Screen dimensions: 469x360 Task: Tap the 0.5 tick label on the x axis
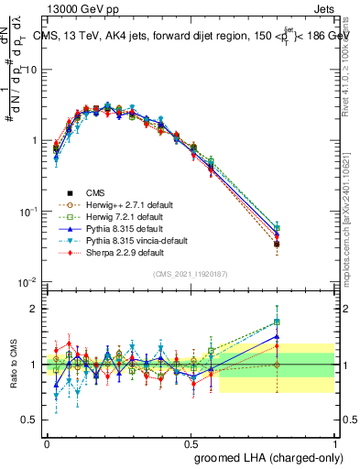pos(191,442)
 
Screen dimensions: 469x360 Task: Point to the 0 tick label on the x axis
pos(47,442)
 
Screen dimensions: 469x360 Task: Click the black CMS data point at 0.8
pos(277,245)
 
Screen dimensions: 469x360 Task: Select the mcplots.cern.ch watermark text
pos(349,211)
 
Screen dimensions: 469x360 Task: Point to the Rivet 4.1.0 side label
pos(349,69)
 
